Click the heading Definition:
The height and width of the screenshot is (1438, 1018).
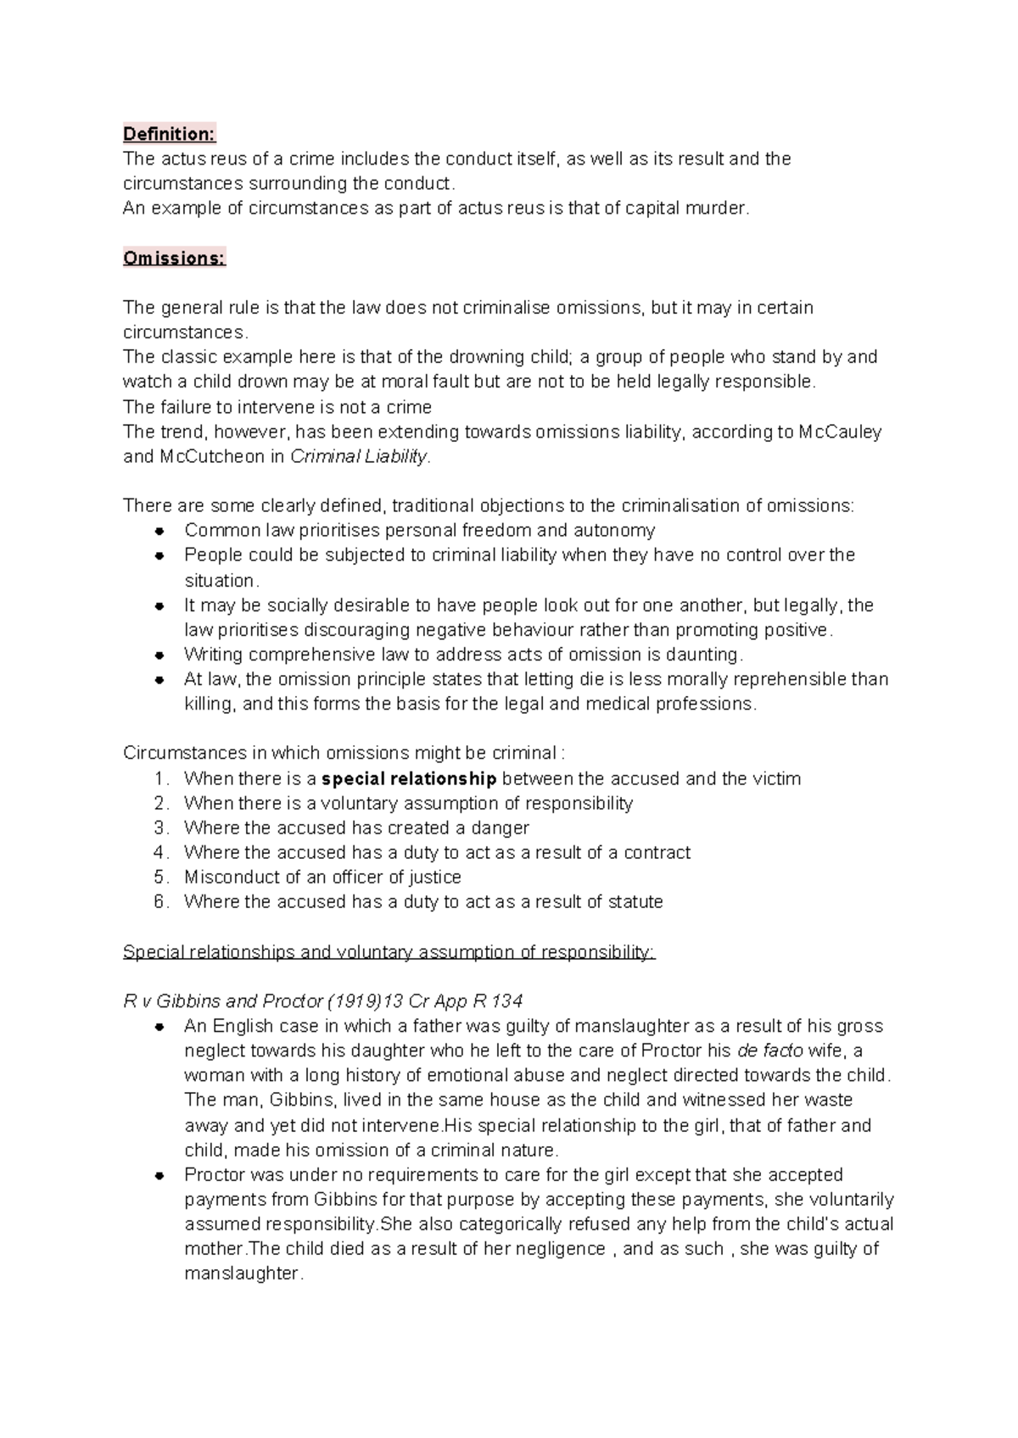[x=170, y=134]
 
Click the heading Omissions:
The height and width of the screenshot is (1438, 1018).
[x=174, y=258]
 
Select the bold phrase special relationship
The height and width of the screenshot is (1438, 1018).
[x=409, y=778]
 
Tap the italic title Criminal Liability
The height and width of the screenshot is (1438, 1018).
[x=360, y=456]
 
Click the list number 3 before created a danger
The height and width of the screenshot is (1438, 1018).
[x=161, y=828]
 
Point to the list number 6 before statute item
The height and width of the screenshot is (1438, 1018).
[x=161, y=901]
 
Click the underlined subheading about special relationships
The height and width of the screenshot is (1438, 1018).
[x=389, y=951]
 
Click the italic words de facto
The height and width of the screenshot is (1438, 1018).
[x=770, y=1051]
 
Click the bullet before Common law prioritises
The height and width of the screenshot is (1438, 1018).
[x=159, y=532]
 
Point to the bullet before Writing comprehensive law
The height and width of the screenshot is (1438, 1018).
[x=159, y=655]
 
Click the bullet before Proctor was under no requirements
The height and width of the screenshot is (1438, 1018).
[x=159, y=1176]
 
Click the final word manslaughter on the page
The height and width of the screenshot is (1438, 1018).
[x=242, y=1274]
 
